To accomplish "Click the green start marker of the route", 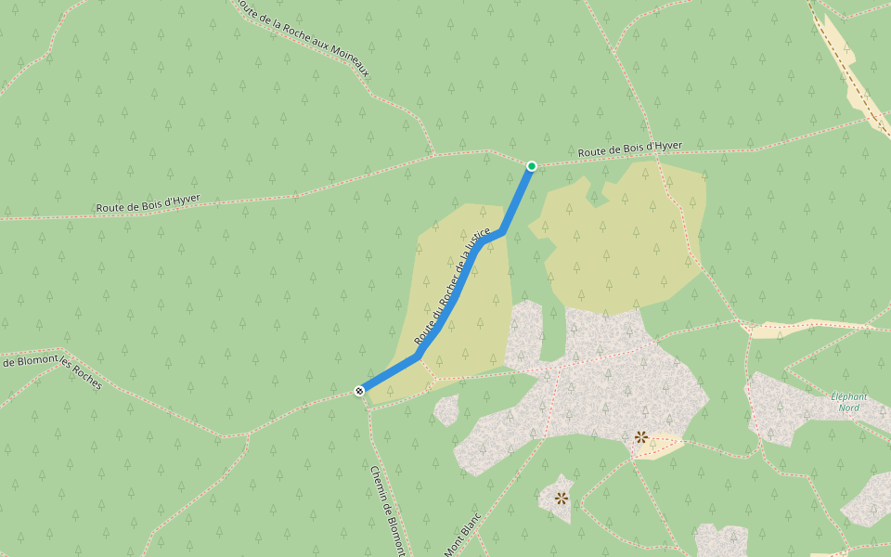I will coord(532,166).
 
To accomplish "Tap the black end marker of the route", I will coord(359,391).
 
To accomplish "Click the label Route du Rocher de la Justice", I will coord(452,288).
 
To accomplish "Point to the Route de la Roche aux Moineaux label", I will coord(303,38).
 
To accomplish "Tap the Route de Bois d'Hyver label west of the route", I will coord(148,203).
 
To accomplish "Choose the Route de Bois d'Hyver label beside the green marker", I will coord(629,149).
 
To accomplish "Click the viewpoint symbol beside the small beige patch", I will coord(640,436).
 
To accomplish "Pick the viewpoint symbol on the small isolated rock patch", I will coord(561,498).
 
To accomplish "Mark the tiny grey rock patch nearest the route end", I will coord(446,408).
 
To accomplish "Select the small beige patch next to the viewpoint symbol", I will coord(661,447).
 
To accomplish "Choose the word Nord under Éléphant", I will coord(848,408).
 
